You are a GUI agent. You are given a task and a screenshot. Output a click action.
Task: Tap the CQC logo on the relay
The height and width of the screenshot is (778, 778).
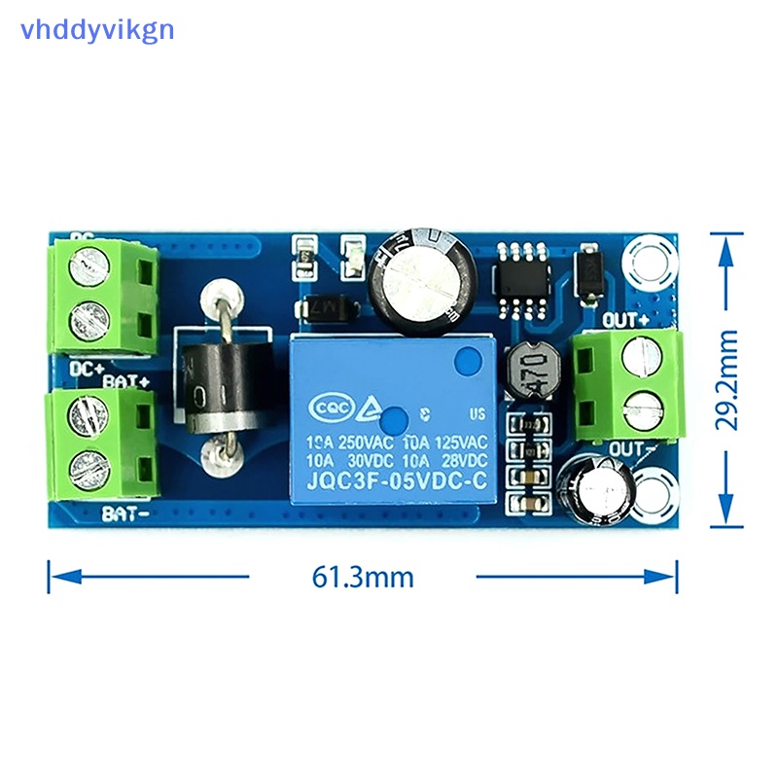[x=327, y=408]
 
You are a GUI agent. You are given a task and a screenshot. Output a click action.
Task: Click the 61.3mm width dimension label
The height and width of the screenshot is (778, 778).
[x=363, y=577]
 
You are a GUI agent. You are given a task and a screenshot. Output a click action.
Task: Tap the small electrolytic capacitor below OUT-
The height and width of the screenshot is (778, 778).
[x=599, y=488]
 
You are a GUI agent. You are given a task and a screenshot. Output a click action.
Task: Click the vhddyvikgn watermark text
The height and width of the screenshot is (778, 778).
[x=96, y=29]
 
